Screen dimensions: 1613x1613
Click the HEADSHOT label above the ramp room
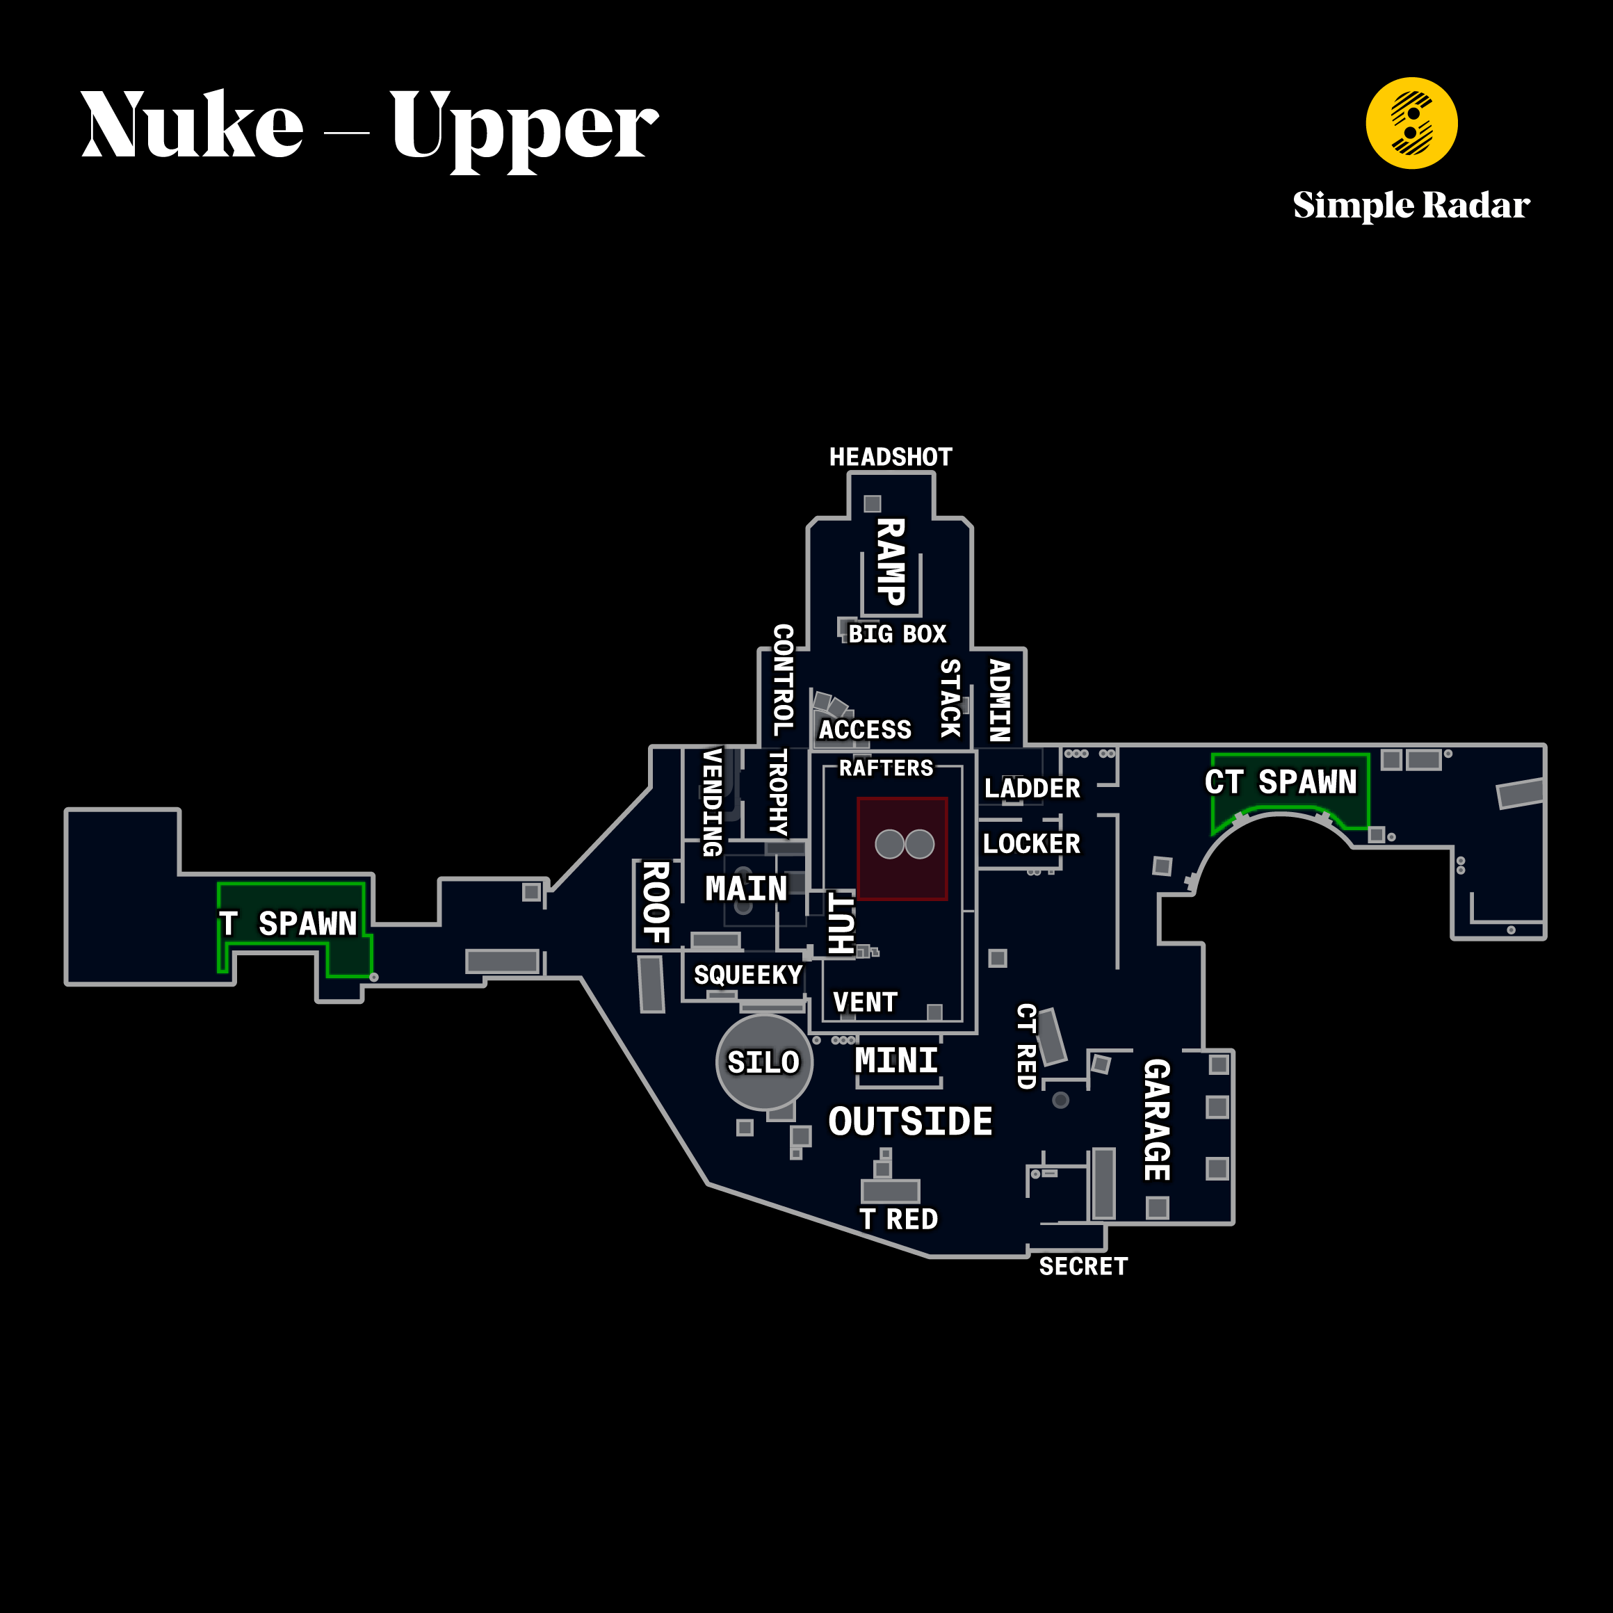(890, 457)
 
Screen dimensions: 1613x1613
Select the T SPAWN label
(287, 923)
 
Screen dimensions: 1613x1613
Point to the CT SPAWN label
(1280, 782)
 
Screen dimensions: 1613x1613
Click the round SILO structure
(764, 1062)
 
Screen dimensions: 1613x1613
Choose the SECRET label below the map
(1083, 1267)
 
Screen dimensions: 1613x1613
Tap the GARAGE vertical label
(1156, 1119)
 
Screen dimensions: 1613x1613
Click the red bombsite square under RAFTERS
(902, 848)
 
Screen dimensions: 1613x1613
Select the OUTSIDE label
(910, 1121)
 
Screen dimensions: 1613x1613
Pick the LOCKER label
(1031, 843)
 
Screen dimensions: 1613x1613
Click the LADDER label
(1032, 788)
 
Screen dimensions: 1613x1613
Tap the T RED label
(899, 1219)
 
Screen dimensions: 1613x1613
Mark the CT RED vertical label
(1026, 1046)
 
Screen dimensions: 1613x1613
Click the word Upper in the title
(524, 128)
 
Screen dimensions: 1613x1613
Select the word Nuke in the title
(192, 124)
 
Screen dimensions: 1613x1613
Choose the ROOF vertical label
(656, 902)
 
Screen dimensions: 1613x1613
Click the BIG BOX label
(898, 633)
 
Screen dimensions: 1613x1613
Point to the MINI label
(895, 1060)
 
